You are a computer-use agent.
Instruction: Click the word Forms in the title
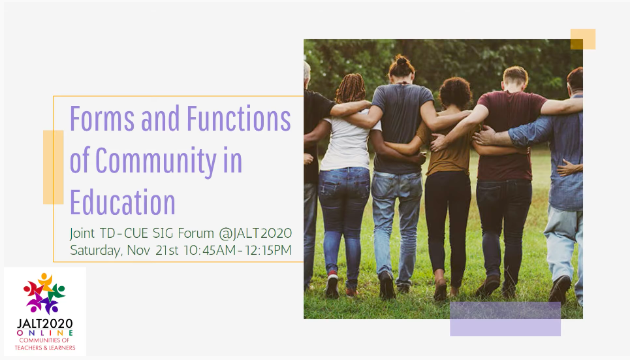click(x=102, y=118)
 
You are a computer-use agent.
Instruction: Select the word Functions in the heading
click(x=239, y=118)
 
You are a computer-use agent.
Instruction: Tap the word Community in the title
click(x=156, y=161)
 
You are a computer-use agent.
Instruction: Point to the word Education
click(x=123, y=202)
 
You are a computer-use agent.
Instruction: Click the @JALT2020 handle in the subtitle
click(x=255, y=233)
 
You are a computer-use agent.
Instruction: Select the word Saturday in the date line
click(x=95, y=250)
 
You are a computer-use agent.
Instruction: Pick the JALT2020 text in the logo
click(x=45, y=323)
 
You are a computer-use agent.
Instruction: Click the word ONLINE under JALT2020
click(x=45, y=333)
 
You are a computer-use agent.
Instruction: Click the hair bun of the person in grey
click(x=402, y=61)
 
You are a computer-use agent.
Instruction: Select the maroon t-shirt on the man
click(x=507, y=135)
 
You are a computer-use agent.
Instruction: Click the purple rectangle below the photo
click(x=505, y=319)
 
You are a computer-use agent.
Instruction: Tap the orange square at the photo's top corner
click(x=583, y=39)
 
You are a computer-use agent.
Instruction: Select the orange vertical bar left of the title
click(x=54, y=167)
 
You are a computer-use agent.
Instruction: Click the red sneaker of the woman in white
click(x=332, y=284)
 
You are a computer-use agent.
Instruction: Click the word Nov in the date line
click(x=138, y=250)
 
